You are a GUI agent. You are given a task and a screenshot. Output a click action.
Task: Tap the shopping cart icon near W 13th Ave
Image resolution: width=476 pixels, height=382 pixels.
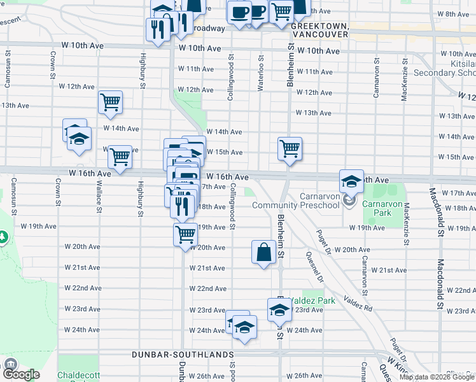(110, 102)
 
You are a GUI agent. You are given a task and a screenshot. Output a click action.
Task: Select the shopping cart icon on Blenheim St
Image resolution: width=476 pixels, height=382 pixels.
(290, 149)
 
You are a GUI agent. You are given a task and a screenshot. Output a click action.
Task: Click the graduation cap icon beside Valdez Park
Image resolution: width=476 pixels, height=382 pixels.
(279, 310)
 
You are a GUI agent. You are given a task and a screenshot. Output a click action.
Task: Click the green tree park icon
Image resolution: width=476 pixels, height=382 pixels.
(3, 237)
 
